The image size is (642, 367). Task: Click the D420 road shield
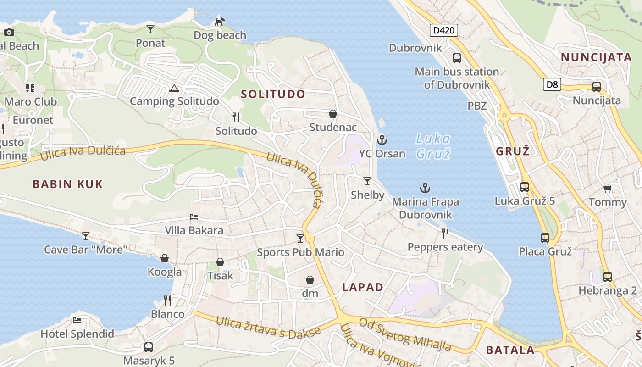tap(444, 31)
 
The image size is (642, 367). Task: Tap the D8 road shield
tap(553, 84)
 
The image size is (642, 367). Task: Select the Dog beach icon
tap(220, 22)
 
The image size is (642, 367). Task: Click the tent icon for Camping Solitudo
tap(174, 88)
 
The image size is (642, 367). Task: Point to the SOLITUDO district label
tap(273, 95)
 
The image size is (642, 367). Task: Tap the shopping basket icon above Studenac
tap(333, 114)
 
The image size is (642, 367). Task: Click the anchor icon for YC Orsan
tap(382, 140)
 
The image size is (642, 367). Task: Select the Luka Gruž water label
tap(433, 146)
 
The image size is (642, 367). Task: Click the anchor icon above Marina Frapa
tap(425, 188)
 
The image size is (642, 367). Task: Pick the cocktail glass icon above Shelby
tap(367, 181)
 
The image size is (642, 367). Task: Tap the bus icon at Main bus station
tap(457, 58)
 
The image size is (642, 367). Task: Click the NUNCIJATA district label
tap(596, 57)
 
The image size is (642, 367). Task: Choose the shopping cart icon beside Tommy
tap(608, 189)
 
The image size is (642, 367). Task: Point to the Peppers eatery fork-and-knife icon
tap(445, 234)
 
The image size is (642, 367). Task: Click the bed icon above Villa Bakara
tap(194, 217)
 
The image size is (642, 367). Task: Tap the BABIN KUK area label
tap(67, 184)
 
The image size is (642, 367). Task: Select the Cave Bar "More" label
tap(85, 250)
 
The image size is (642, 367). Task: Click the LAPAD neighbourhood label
tap(362, 288)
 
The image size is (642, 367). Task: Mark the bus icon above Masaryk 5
tap(149, 347)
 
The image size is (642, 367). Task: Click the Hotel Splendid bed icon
tap(77, 320)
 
